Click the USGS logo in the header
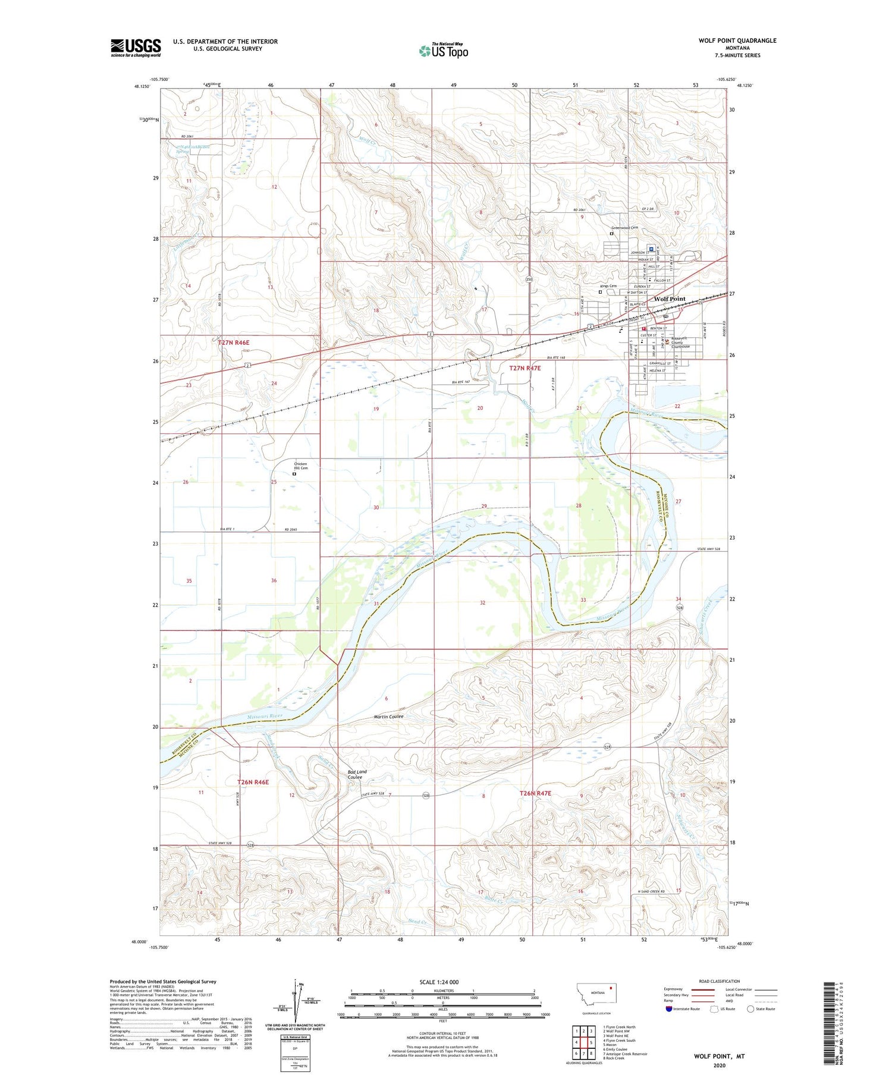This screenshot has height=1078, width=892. (136, 48)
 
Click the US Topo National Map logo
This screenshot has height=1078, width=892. (444, 51)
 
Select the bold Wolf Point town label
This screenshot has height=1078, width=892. (670, 299)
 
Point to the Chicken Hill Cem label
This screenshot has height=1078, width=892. (300, 466)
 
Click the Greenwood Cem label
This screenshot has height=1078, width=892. (624, 228)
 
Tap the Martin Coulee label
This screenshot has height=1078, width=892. (388, 716)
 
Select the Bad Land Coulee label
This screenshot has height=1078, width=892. (357, 774)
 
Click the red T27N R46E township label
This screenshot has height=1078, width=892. (233, 343)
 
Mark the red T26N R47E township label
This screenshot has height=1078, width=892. (535, 793)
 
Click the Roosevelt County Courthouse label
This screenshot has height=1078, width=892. (680, 342)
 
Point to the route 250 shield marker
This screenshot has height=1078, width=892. (529, 279)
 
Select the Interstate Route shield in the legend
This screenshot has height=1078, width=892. (669, 1009)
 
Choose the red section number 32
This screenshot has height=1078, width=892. (482, 603)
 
